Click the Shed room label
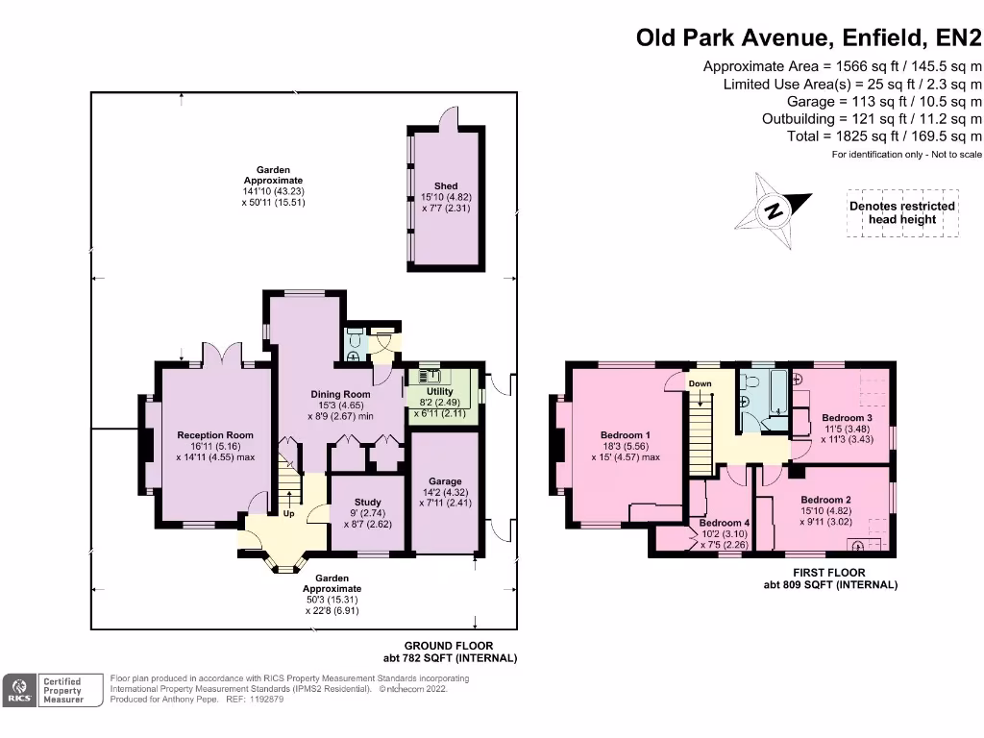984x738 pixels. (446, 185)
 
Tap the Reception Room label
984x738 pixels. (215, 435)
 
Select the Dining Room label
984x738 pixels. (341, 394)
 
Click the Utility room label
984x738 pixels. (440, 391)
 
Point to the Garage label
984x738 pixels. (446, 481)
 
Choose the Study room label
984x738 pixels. (368, 502)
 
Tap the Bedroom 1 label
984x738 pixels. (626, 435)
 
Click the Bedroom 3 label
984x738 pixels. (848, 418)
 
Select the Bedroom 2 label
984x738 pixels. (825, 500)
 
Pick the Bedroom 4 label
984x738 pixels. (725, 523)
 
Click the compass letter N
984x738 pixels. (775, 209)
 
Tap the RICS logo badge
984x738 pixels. (19, 690)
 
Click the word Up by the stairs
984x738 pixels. (288, 513)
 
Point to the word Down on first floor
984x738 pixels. (701, 383)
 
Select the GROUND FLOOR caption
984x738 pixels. (449, 646)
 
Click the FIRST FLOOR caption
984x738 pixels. (829, 573)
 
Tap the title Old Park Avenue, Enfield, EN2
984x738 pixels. (809, 37)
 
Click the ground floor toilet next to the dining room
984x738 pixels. (355, 343)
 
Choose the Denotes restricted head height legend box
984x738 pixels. (902, 212)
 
